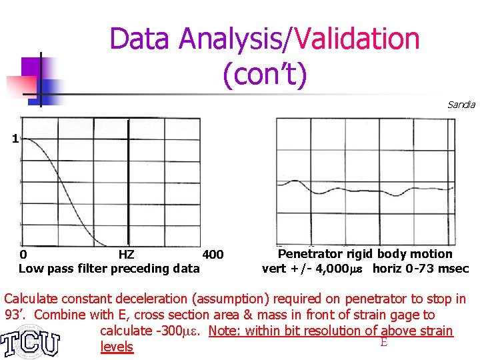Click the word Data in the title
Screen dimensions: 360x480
click(138, 39)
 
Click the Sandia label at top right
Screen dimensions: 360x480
click(461, 105)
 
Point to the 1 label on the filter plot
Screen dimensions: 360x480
click(14, 139)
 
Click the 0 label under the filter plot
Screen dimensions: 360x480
click(23, 255)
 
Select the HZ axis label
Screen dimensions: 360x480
click(126, 255)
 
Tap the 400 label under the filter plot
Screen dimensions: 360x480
click(213, 255)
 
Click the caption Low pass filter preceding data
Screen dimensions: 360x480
click(109, 269)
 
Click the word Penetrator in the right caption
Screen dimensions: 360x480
click(308, 254)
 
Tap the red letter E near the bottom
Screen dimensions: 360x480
click(383, 342)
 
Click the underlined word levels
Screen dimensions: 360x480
click(117, 347)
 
